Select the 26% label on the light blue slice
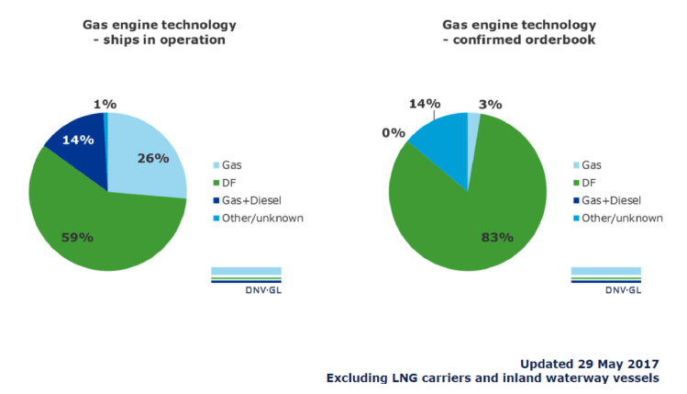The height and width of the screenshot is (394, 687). [x=154, y=158]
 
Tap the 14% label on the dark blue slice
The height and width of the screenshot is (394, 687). [x=79, y=140]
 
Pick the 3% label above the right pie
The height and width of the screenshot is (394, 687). [x=491, y=105]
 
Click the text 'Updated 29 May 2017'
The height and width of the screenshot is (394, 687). [x=588, y=363]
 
